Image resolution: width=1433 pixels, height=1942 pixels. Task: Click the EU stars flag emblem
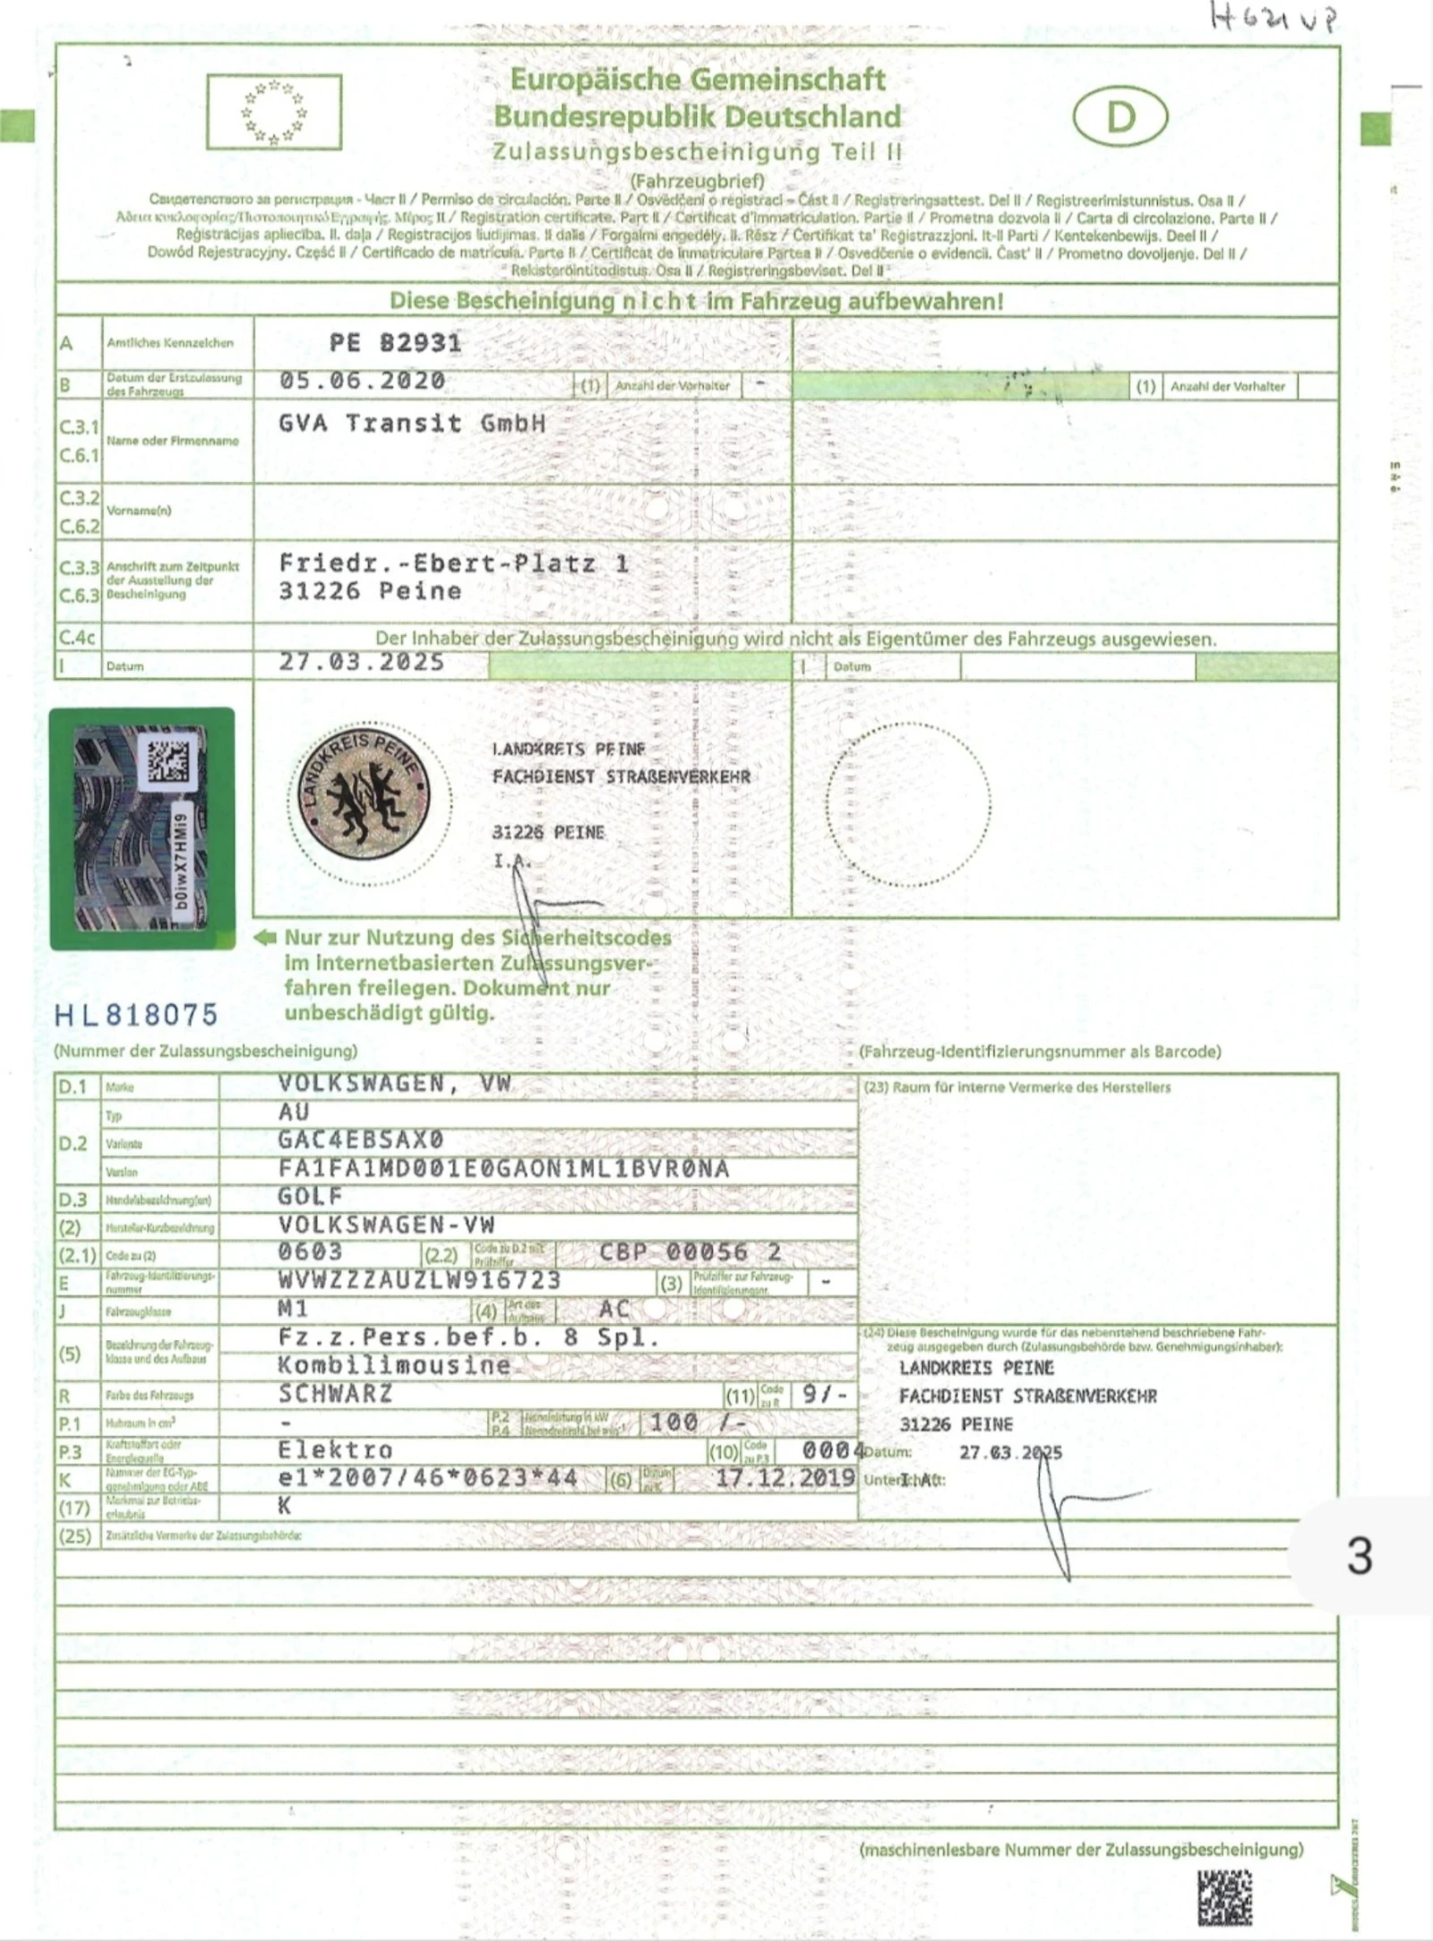tap(274, 112)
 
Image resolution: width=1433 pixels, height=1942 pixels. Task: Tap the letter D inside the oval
tap(1120, 117)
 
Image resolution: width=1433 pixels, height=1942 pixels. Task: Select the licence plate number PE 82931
tap(395, 343)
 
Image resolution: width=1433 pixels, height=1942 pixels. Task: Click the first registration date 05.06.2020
tap(362, 382)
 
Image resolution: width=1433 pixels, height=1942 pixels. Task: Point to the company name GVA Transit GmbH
tap(412, 424)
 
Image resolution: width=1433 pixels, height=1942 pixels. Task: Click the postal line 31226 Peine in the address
tap(370, 591)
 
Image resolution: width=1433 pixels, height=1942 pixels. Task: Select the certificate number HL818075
tap(136, 1015)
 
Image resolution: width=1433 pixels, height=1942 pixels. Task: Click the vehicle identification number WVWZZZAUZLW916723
tap(419, 1281)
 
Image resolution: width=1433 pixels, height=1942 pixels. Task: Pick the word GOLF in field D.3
tap(310, 1197)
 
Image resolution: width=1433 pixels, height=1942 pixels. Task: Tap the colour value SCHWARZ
tap(335, 1394)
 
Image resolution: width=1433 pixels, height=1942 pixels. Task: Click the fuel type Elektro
tap(335, 1450)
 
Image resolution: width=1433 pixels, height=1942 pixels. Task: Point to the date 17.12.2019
tap(785, 1478)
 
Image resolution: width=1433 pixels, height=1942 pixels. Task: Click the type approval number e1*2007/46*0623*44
tap(427, 1478)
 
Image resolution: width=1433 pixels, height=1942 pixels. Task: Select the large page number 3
tap(1360, 1557)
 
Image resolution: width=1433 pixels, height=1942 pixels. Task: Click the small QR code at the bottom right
tap(1224, 1897)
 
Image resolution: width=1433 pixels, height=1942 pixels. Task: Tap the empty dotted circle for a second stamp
tap(908, 804)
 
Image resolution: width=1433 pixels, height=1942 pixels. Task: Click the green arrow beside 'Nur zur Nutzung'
tap(265, 938)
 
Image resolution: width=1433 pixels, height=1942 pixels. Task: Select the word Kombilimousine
tap(394, 1365)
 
